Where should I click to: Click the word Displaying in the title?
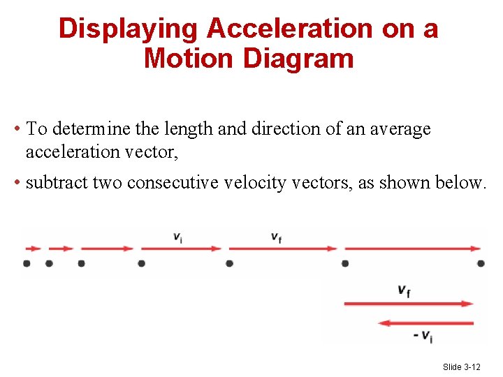coord(129,29)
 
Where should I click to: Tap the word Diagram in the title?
coord(298,58)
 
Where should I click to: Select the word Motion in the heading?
coord(189,58)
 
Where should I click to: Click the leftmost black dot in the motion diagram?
coord(27,263)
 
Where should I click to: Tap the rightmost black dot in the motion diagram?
coord(481,263)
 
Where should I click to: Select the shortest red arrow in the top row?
coord(33,248)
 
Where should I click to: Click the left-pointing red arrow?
coord(425,323)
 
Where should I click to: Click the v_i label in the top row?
coord(179,237)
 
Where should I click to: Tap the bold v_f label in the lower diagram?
coord(404,290)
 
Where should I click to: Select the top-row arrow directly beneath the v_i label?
coord(181,248)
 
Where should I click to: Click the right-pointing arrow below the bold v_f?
coord(409,304)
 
